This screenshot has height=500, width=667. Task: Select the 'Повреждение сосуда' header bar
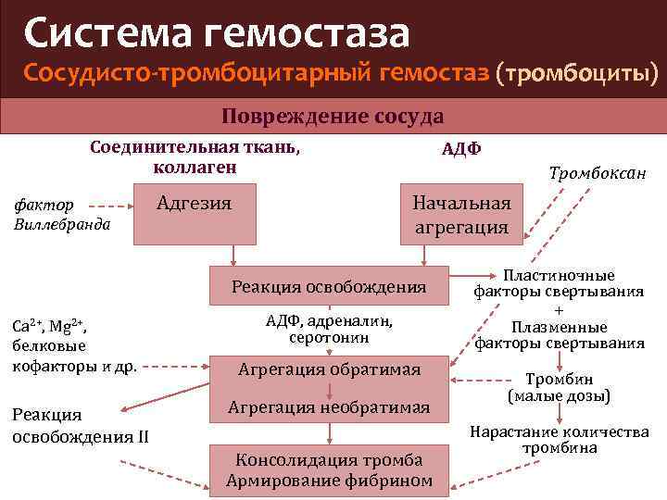pyautogui.click(x=333, y=117)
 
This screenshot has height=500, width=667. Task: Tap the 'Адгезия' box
pyautogui.click(x=195, y=213)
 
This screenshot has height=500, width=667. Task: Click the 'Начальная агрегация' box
pyautogui.click(x=461, y=216)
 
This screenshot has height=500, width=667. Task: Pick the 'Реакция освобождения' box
pyautogui.click(x=329, y=287)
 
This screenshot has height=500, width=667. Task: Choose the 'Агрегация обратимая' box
pyautogui.click(x=329, y=369)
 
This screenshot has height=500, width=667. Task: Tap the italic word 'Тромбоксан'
pyautogui.click(x=598, y=173)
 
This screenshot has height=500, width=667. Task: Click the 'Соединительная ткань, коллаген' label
pyautogui.click(x=195, y=156)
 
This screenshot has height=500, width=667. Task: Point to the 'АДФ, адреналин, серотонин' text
pyautogui.click(x=329, y=329)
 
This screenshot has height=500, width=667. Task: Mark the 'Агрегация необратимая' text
pyautogui.click(x=329, y=406)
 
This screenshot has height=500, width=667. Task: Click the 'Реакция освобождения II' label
pyautogui.click(x=80, y=426)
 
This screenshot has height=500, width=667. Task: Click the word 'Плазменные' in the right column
pyautogui.click(x=559, y=327)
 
